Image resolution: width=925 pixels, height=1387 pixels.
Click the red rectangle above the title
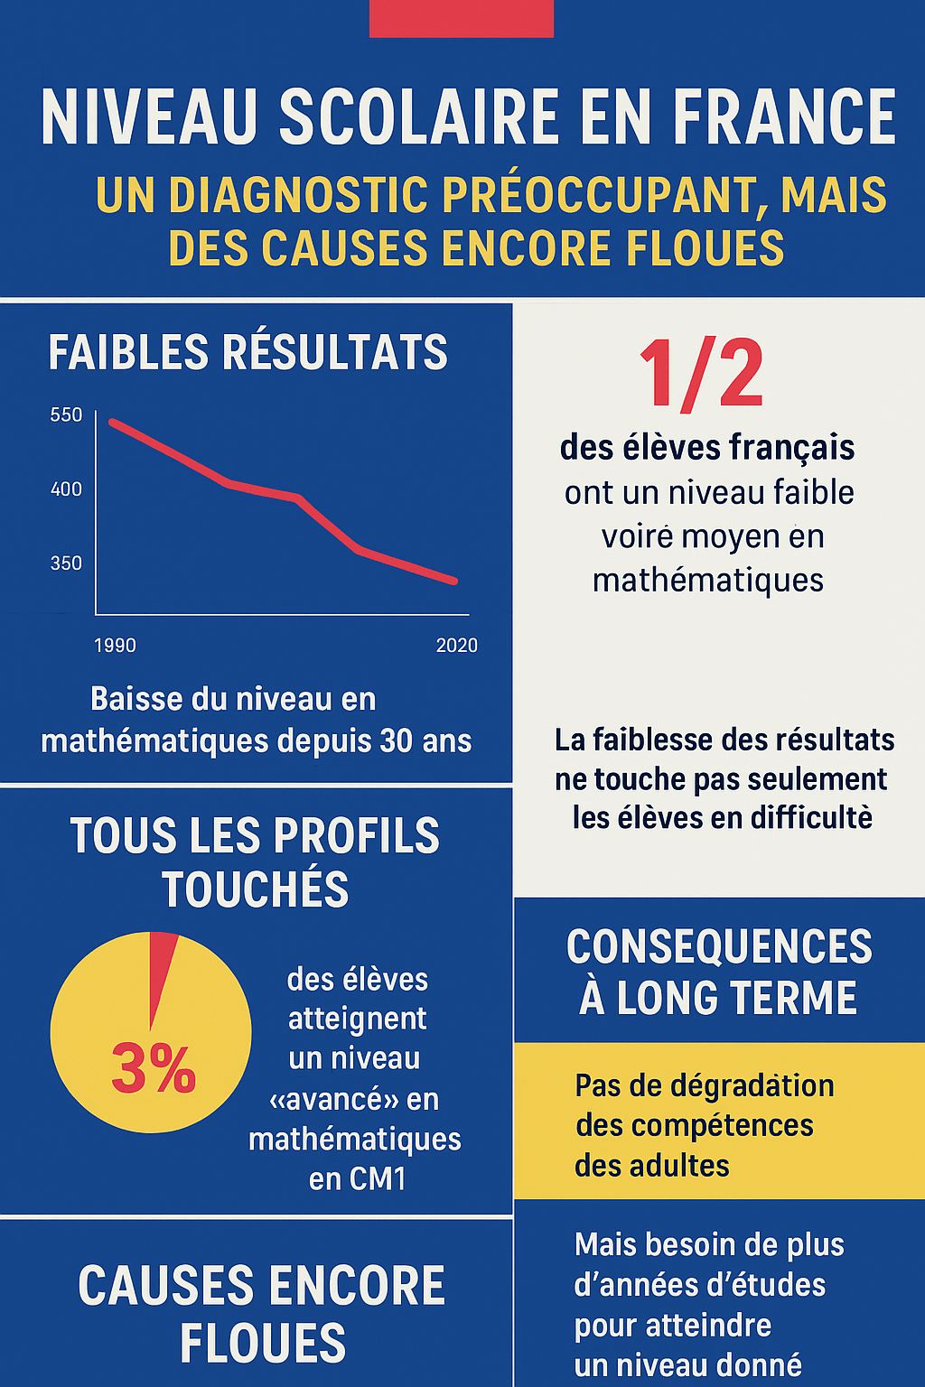pos(461,18)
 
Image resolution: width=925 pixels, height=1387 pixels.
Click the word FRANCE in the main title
pos(784,117)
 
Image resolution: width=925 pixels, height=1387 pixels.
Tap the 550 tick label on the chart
pos(66,415)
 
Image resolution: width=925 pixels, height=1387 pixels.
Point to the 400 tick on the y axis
pos(66,489)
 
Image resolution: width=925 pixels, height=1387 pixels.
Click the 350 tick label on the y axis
pos(66,563)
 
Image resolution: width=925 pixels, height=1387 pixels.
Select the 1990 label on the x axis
pos(115,646)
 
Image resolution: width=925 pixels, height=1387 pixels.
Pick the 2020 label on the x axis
pos(456,646)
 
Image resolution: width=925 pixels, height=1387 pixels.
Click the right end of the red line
pos(454,581)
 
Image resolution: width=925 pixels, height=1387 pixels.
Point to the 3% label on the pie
pos(153,1069)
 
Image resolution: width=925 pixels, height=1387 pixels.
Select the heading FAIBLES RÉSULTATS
pos(248,352)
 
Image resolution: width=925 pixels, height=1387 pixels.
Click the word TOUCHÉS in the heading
pos(256,889)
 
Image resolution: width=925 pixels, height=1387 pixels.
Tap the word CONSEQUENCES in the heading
pos(719,947)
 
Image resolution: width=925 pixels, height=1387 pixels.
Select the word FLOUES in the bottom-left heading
pos(262,1343)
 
